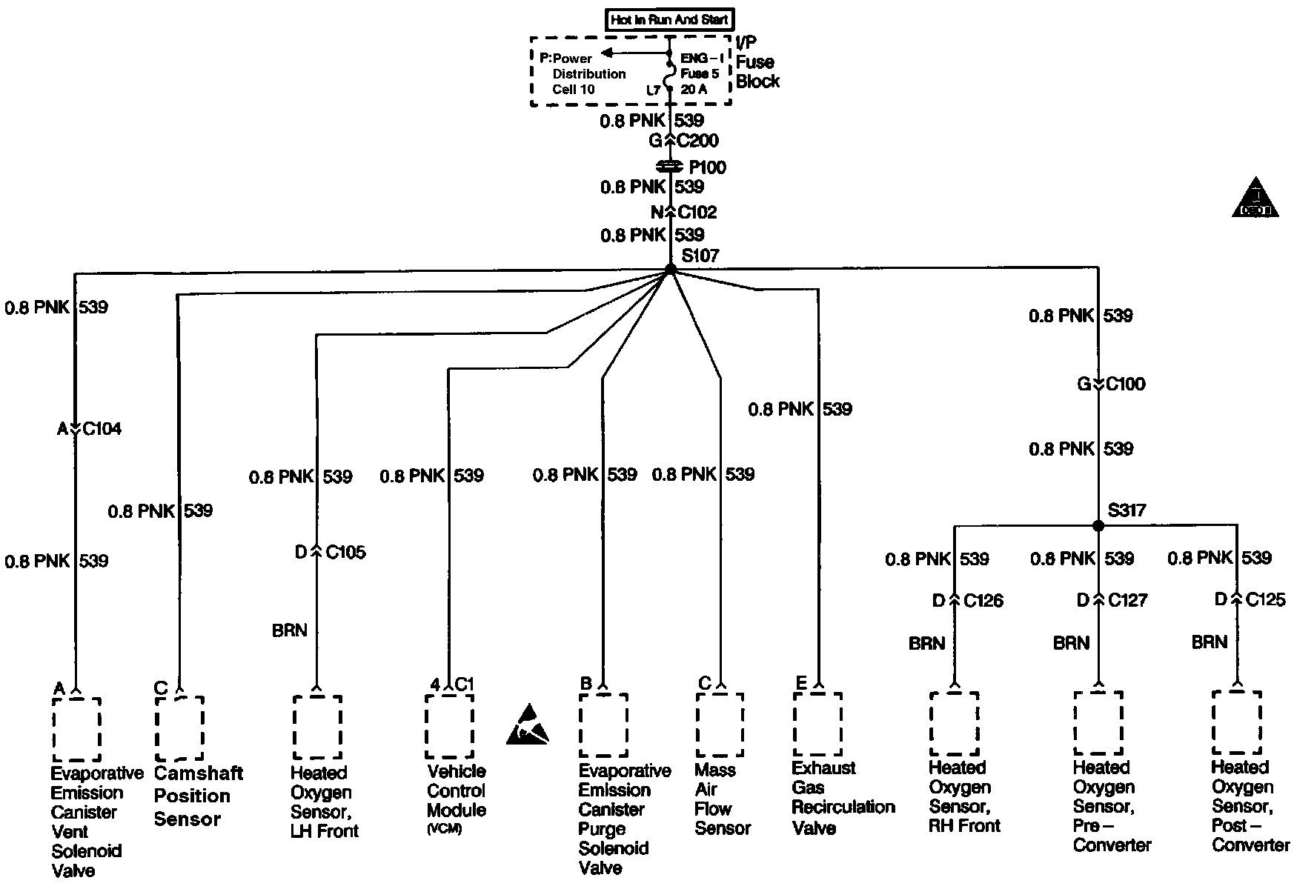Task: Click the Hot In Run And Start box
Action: (x=670, y=20)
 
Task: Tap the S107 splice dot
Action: (x=670, y=269)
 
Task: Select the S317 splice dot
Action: (x=1098, y=525)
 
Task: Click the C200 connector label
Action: (x=698, y=141)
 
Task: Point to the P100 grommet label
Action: (x=708, y=167)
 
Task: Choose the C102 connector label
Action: (x=697, y=213)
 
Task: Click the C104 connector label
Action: (x=102, y=429)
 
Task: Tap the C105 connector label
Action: (x=346, y=553)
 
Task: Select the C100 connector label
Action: (x=1126, y=384)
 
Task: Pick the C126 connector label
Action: (x=983, y=601)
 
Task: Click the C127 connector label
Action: (x=1128, y=600)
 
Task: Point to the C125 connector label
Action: (x=1266, y=599)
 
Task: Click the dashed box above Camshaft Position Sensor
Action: (x=179, y=727)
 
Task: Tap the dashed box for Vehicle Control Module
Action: (x=449, y=726)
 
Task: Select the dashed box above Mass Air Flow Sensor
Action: (x=720, y=725)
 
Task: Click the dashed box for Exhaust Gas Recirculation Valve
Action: (x=817, y=724)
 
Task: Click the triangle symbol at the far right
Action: (x=1255, y=199)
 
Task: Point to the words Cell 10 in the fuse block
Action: (x=574, y=90)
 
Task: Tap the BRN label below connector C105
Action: (x=290, y=631)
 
